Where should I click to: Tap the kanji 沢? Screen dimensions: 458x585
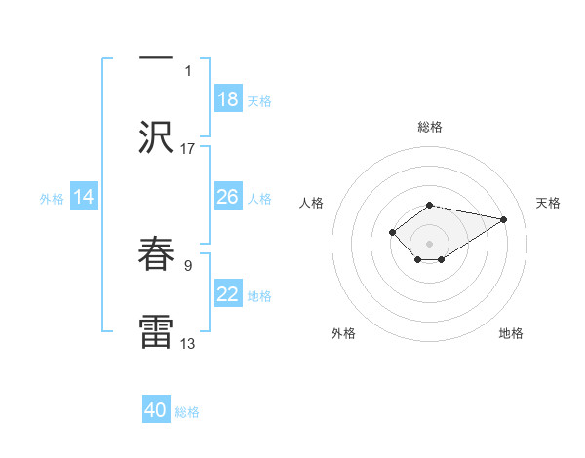156,136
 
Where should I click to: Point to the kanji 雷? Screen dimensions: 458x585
156,331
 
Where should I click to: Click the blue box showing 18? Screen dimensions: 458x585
228,99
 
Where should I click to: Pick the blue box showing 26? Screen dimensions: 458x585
228,197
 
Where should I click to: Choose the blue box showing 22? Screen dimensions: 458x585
228,294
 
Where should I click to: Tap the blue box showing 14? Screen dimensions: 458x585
84,197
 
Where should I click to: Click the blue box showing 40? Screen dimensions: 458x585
156,410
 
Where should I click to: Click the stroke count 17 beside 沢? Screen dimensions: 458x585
188,148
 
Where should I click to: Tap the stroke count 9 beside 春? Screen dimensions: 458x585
188,264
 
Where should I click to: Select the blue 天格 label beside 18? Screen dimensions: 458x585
259,100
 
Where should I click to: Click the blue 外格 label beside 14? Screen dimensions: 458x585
52,198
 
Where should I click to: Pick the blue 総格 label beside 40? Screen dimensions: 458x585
187,411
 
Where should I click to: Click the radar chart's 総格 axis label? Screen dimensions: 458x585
429,127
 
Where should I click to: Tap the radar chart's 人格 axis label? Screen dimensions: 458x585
312,203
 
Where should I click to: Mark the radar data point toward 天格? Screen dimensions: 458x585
504,218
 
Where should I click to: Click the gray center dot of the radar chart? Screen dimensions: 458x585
429,243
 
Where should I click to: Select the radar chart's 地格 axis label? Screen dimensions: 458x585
511,333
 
